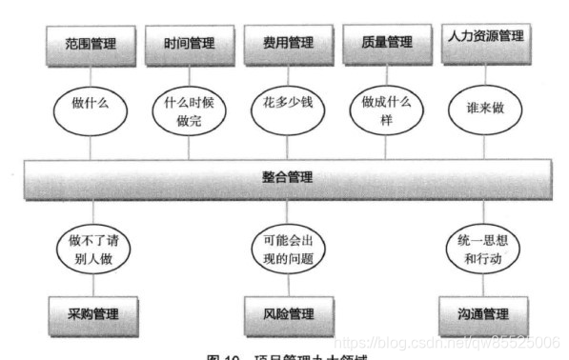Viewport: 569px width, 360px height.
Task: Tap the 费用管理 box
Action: (x=286, y=44)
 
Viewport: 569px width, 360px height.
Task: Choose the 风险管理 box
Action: (x=287, y=313)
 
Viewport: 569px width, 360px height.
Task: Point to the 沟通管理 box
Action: (x=484, y=313)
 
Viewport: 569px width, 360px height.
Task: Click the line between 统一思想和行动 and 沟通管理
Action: (x=484, y=284)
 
